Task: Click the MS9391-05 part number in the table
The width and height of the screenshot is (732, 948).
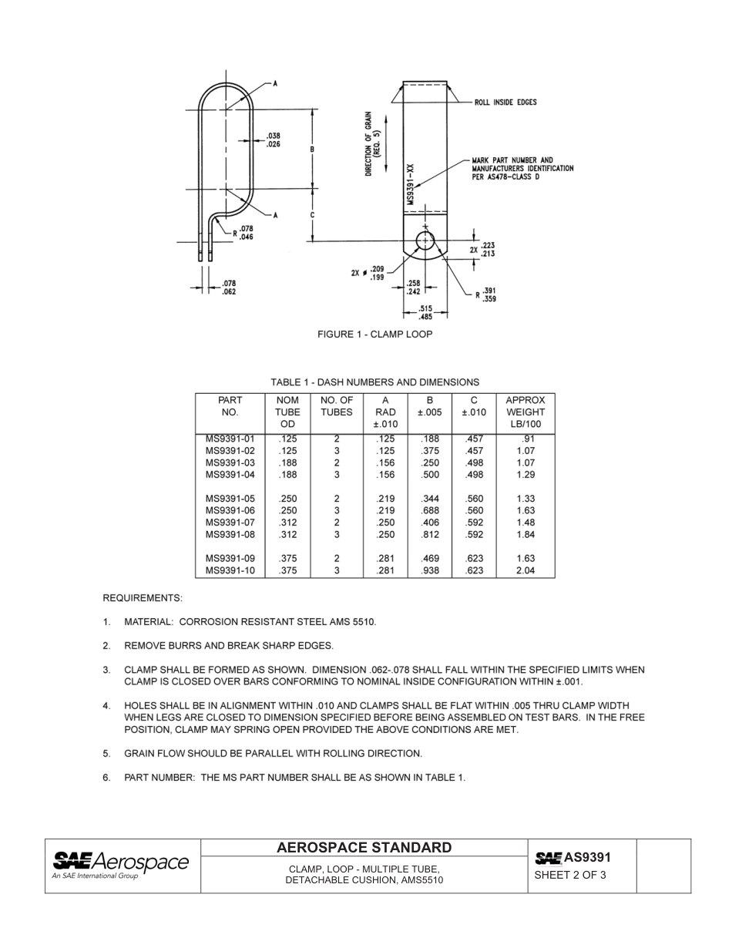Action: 230,499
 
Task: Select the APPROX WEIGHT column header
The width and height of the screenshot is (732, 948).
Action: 525,412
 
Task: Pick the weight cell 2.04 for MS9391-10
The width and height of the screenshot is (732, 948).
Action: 525,571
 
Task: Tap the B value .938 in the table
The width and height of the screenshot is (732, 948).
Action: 430,571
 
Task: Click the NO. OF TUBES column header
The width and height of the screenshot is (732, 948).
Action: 337,406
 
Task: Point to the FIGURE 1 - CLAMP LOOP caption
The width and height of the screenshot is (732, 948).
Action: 375,334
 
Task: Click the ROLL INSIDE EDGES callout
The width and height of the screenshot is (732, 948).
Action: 505,103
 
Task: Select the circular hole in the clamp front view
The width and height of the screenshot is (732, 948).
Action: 425,241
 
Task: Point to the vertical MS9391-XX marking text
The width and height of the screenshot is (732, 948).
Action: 411,186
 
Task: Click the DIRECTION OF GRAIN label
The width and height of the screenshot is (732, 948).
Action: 372,143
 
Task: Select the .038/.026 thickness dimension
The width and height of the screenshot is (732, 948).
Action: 273,140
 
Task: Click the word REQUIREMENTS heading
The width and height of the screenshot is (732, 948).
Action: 143,598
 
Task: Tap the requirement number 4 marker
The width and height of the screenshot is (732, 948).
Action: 106,706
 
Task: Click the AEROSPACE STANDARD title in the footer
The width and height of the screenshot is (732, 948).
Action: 364,849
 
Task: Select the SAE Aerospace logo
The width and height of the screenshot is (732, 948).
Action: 120,865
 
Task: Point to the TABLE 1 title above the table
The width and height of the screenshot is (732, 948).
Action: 374,382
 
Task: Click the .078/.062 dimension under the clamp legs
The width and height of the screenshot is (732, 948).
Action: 229,288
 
